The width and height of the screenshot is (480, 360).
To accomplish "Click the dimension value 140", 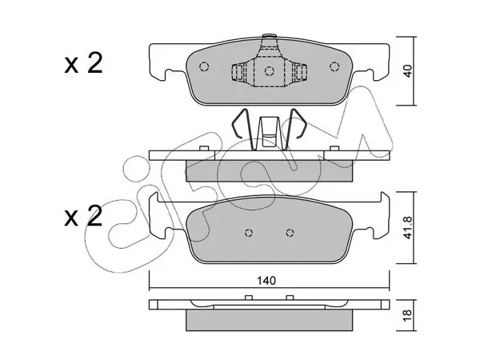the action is pyautogui.click(x=266, y=281).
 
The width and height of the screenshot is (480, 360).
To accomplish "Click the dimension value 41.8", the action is pyautogui.click(x=408, y=227).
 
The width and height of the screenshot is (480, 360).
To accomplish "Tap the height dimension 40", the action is pyautogui.click(x=408, y=71).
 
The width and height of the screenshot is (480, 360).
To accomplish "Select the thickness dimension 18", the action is pyautogui.click(x=408, y=315).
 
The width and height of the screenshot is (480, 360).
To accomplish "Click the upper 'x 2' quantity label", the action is pyautogui.click(x=83, y=64).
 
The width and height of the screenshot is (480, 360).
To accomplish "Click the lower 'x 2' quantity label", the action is pyautogui.click(x=83, y=216).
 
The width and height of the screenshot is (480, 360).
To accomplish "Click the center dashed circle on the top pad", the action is pyautogui.click(x=269, y=71).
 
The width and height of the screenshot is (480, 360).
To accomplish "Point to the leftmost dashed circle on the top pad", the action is pyautogui.click(x=204, y=66).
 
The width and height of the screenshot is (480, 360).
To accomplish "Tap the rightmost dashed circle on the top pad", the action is pyautogui.click(x=334, y=66).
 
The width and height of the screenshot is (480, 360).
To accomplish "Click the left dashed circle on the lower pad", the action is pyautogui.click(x=249, y=233).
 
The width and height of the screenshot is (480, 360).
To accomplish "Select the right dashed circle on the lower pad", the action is pyautogui.click(x=290, y=233).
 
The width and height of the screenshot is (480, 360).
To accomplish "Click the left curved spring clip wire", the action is pyautogui.click(x=242, y=128).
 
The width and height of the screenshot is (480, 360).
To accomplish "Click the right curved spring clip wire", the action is pyautogui.click(x=296, y=128).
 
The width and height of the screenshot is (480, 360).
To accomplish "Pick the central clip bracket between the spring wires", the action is pyautogui.click(x=270, y=132).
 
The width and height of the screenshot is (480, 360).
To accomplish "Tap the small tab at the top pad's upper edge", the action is pyautogui.click(x=270, y=36).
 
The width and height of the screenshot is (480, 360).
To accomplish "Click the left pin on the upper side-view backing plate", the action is pyautogui.click(x=204, y=149).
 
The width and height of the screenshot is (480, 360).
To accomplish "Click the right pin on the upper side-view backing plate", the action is pyautogui.click(x=334, y=149).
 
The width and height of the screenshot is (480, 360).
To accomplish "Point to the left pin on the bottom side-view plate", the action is pyautogui.click(x=249, y=298).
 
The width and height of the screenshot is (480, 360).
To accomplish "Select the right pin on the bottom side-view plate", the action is pyautogui.click(x=290, y=298).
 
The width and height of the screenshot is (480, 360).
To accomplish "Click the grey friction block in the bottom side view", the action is pyautogui.click(x=270, y=320).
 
